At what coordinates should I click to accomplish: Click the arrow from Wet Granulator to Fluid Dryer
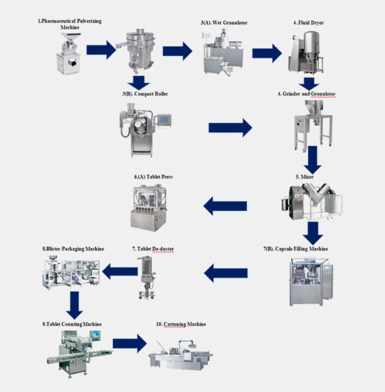point(266,53)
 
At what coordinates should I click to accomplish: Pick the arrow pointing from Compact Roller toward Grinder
point(230,128)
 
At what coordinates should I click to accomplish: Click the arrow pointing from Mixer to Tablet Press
point(225,206)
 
